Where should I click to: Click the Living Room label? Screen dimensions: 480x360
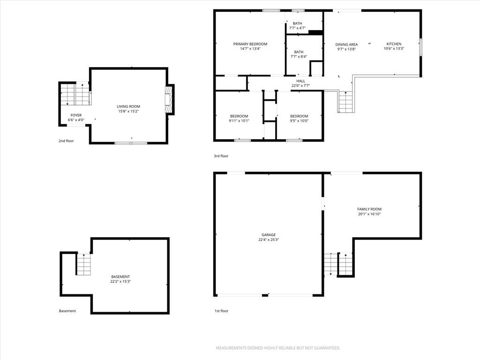click(x=128, y=106)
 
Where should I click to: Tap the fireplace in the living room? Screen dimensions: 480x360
click(x=168, y=100)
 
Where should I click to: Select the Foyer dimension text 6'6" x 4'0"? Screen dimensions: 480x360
click(x=76, y=120)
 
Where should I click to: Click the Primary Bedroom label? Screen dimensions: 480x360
click(x=250, y=44)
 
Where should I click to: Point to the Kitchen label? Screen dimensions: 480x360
click(x=394, y=44)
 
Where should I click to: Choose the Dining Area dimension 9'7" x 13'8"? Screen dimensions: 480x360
click(x=346, y=49)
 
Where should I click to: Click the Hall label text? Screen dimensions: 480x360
click(x=300, y=81)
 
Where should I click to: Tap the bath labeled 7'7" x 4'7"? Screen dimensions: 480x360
click(x=297, y=25)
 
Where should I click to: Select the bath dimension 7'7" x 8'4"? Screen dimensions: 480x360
click(x=299, y=57)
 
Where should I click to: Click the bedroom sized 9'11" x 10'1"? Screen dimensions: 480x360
click(x=239, y=118)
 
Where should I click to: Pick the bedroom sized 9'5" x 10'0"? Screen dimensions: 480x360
click(x=299, y=118)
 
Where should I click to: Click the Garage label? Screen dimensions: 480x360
click(x=269, y=235)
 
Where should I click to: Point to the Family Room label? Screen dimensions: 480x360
click(x=369, y=209)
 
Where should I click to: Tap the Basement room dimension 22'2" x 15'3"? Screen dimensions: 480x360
click(x=120, y=281)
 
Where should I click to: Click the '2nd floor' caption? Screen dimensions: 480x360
click(x=66, y=141)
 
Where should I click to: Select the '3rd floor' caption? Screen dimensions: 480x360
click(x=221, y=156)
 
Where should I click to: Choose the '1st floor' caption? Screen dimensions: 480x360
click(x=221, y=311)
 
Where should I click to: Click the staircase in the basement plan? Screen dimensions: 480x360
click(x=84, y=264)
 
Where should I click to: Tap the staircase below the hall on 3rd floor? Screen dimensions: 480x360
click(x=345, y=102)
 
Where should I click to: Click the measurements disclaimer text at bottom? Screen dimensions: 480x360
click(x=278, y=348)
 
